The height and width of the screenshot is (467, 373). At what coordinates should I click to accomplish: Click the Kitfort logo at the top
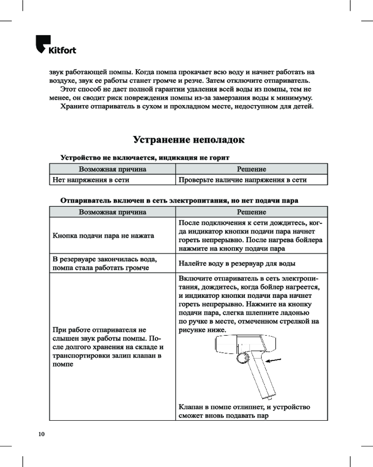[x=55, y=46]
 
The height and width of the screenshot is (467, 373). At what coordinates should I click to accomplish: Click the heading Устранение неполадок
[x=188, y=140]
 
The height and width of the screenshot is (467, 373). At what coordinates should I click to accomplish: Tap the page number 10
[x=41, y=434]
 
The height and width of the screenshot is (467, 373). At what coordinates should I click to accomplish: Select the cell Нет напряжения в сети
[x=91, y=179]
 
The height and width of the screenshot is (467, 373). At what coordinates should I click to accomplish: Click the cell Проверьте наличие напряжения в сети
[x=243, y=179]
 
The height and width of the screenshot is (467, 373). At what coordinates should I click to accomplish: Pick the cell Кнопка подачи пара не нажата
[x=104, y=236]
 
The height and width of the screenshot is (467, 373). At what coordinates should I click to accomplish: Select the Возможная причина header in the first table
[x=112, y=169]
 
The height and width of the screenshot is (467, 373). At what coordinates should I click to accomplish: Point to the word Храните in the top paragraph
[x=74, y=107]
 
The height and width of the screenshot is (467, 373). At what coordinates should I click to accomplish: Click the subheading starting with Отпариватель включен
[x=180, y=200]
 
